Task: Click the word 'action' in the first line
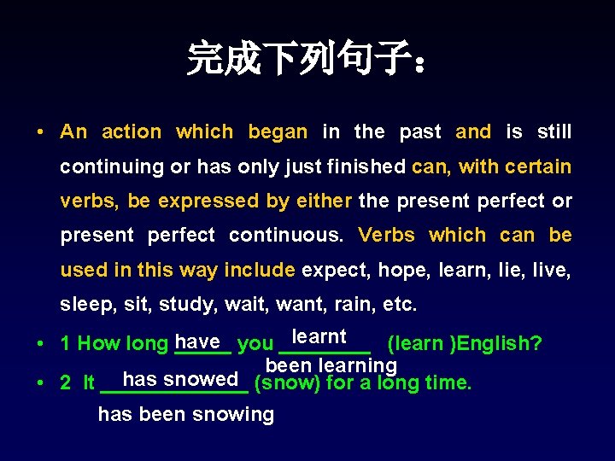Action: [132, 132]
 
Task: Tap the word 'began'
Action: [278, 132]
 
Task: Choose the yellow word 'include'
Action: [260, 271]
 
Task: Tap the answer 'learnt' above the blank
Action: [319, 337]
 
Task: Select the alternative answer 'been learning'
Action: [331, 365]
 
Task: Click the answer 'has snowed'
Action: [180, 379]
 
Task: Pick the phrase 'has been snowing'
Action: [186, 415]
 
